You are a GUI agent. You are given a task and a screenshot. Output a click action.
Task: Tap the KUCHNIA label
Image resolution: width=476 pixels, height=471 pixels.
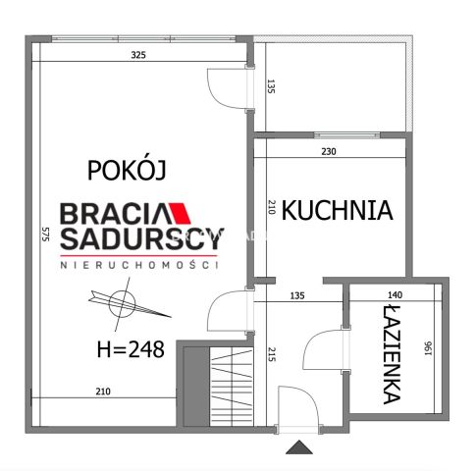click(337, 210)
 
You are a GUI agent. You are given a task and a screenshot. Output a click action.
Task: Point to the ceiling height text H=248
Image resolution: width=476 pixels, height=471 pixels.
click(131, 348)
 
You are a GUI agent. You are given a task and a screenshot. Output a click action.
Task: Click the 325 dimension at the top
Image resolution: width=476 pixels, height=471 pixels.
click(138, 56)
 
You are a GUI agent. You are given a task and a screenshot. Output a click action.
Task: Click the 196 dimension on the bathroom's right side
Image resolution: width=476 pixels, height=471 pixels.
click(428, 348)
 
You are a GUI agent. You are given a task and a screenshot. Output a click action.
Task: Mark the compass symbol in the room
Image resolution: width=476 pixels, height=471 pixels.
click(125, 301)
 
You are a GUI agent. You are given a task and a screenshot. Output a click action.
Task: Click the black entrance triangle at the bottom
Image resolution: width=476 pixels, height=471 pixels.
click(298, 447)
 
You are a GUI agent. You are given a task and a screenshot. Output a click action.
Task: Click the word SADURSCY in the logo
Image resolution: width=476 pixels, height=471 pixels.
click(140, 238)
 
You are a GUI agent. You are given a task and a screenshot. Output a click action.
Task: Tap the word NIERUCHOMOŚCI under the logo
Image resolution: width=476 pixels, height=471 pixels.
click(140, 264)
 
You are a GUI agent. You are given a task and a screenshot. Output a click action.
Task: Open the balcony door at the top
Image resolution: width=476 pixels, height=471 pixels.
click(226, 89)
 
